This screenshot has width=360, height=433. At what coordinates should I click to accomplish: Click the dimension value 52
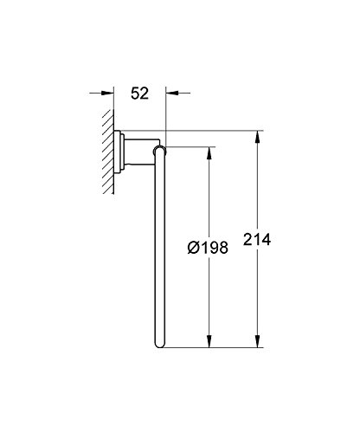pyautogui.click(x=139, y=94)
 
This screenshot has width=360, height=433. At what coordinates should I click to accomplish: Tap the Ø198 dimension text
pyautogui.click(x=208, y=248)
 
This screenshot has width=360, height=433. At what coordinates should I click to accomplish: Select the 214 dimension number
pyautogui.click(x=257, y=240)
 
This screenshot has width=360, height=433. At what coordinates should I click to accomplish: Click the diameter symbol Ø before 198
pyautogui.click(x=193, y=248)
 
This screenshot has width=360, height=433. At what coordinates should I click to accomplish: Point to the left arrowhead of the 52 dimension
pyautogui.click(x=107, y=93)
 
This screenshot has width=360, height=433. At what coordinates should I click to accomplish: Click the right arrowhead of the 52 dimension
pyautogui.click(x=172, y=93)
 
